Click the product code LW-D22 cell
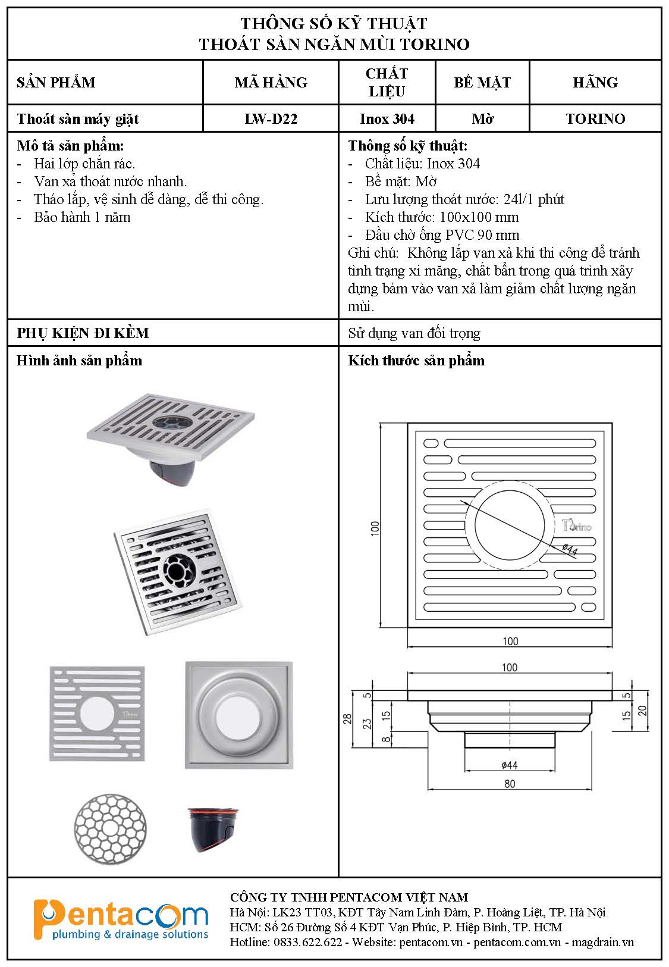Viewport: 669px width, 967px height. (271, 119)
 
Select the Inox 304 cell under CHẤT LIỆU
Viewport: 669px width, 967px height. (387, 119)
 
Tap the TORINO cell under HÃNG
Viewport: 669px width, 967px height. (595, 119)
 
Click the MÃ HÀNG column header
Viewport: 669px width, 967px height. (271, 82)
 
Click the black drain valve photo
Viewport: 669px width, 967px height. (213, 829)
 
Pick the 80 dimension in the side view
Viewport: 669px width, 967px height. (510, 784)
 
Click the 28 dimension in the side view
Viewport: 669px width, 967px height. (348, 719)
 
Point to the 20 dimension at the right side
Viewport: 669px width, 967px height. (642, 710)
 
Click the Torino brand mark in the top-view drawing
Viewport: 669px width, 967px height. (576, 525)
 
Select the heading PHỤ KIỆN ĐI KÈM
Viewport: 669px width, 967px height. (83, 333)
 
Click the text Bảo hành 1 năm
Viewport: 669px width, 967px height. (82, 217)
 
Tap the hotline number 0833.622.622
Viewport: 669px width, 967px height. (307, 942)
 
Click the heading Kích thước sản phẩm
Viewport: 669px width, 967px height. (416, 361)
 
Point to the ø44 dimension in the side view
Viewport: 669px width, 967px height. (510, 765)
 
